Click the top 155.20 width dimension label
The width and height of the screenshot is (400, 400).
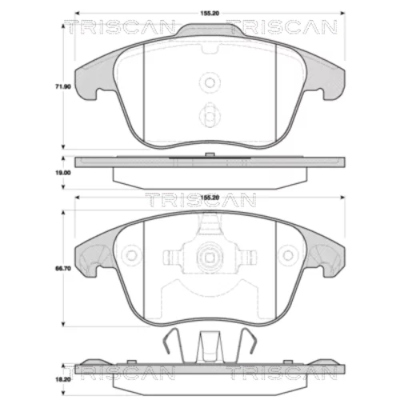point(210,14)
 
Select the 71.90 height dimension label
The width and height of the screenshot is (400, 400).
point(63,87)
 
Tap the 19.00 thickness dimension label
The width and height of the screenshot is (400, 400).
point(63,173)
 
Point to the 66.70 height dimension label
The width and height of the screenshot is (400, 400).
point(63,269)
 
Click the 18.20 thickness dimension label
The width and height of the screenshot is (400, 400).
point(63,379)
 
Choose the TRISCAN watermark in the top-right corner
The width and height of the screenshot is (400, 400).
point(282,27)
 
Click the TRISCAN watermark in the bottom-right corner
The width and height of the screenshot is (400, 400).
point(282,373)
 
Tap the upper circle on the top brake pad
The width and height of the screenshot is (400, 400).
point(210,82)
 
